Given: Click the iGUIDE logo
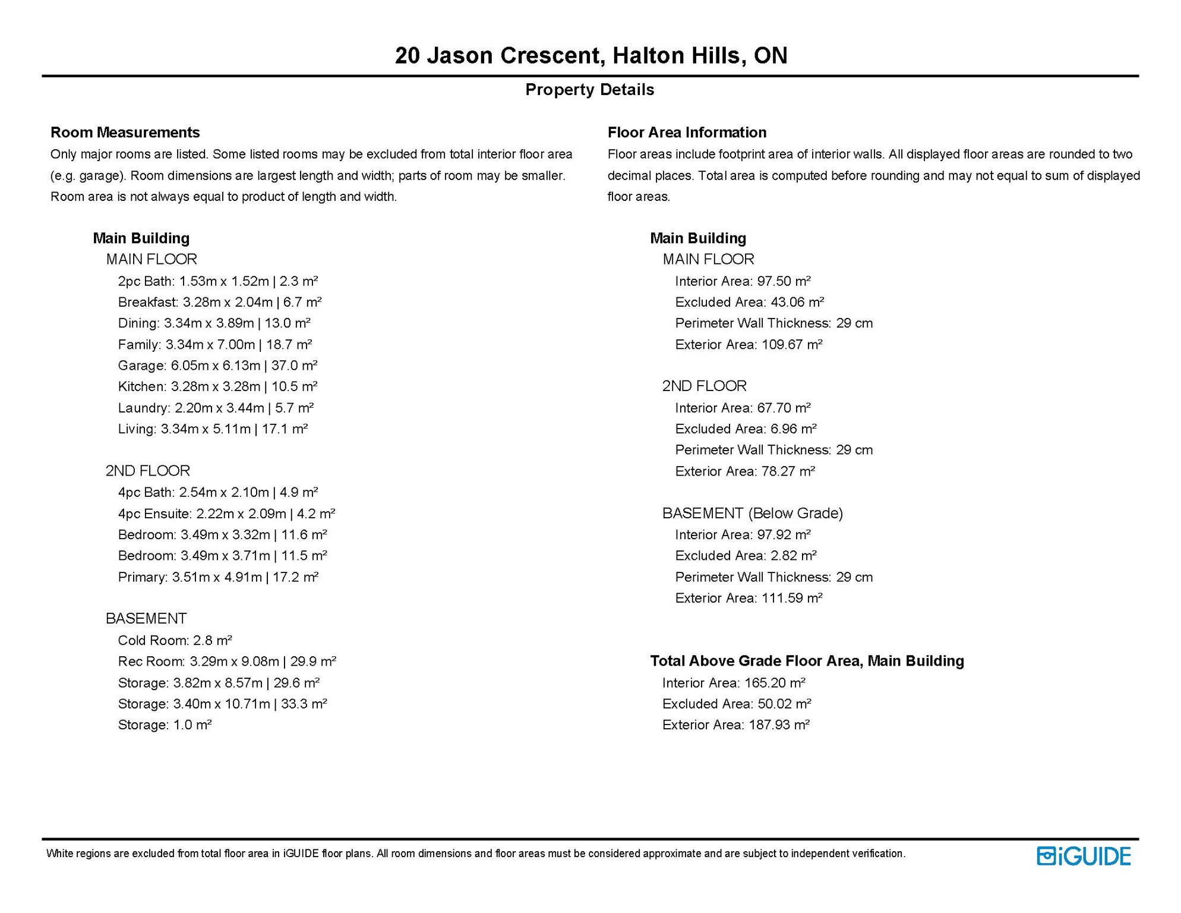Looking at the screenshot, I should click(x=1083, y=856).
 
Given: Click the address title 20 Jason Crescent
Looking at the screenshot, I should click(x=590, y=55).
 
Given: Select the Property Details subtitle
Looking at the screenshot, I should click(x=589, y=90).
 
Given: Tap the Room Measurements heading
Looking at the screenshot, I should click(x=125, y=132).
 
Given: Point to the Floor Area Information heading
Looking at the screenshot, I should click(x=687, y=132).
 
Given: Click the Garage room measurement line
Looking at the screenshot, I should click(x=217, y=366).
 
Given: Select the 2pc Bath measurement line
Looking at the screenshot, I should click(x=217, y=281).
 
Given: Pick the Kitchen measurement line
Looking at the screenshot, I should click(x=217, y=386).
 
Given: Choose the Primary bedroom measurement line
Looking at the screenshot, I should click(x=218, y=577).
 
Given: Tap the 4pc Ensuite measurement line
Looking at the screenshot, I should click(x=226, y=514).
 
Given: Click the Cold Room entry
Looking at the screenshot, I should click(x=175, y=640).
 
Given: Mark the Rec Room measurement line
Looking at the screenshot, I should click(x=227, y=662).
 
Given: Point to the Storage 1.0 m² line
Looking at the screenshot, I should click(x=165, y=725).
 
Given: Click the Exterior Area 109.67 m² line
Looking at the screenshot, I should click(x=749, y=345).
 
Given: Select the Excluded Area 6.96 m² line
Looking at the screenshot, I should click(x=746, y=429).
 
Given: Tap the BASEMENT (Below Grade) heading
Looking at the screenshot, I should click(x=752, y=513).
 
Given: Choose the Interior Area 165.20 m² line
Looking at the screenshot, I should click(x=734, y=683).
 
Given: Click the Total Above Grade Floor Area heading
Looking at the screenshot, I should click(x=807, y=661).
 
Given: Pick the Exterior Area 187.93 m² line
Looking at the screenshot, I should click(x=735, y=725).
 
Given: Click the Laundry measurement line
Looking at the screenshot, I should click(x=216, y=408).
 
